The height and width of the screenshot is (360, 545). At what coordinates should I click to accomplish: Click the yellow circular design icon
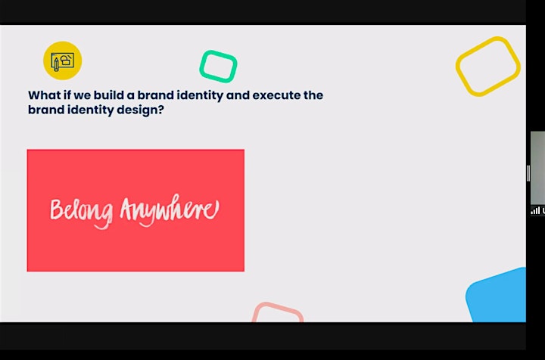(63, 61)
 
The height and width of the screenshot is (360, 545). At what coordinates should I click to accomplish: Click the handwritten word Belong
(82, 211)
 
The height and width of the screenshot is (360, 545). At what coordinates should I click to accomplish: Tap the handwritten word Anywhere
(170, 209)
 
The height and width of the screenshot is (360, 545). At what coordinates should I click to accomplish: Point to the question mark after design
(161, 110)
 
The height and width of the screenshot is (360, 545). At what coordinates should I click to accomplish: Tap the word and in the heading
(238, 95)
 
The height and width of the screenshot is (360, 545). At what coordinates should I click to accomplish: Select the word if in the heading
(67, 95)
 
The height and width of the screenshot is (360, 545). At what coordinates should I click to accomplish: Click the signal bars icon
(535, 210)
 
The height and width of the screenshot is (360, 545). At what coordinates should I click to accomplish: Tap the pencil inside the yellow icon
(56, 64)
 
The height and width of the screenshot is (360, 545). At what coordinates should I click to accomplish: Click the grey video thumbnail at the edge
(537, 168)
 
